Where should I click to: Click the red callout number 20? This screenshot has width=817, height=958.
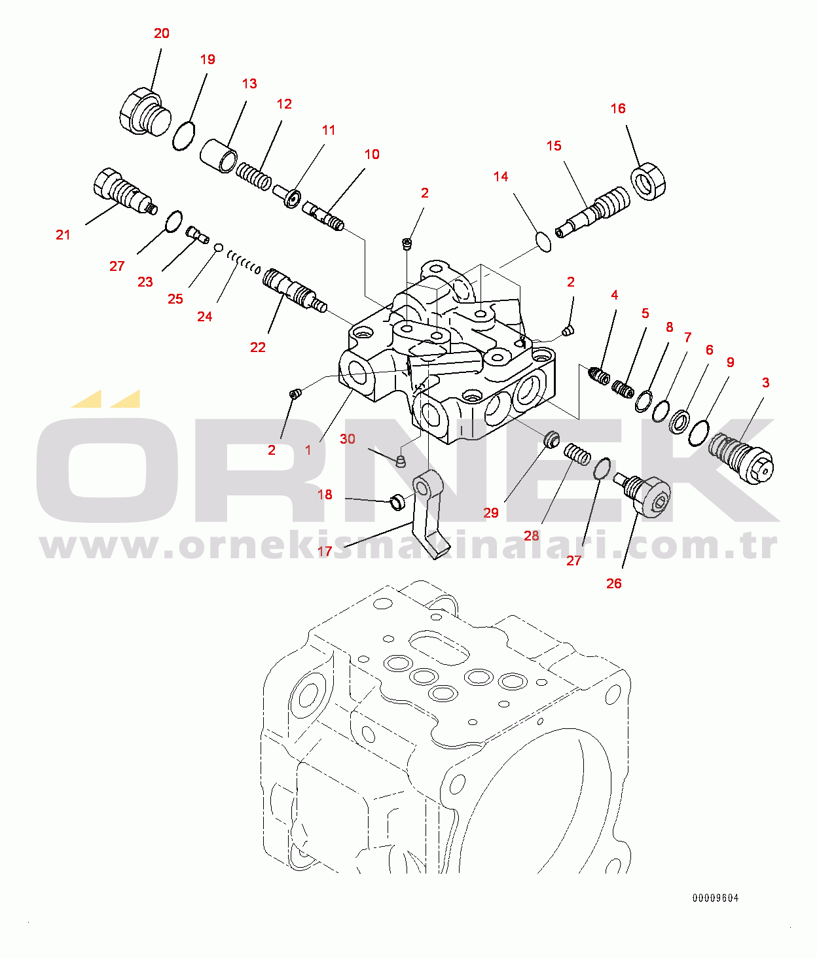pyautogui.click(x=161, y=33)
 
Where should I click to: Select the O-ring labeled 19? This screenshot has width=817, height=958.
pyautogui.click(x=183, y=136)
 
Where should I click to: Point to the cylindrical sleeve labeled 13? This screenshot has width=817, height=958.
pyautogui.click(x=219, y=155)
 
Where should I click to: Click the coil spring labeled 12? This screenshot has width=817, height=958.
pyautogui.click(x=253, y=175)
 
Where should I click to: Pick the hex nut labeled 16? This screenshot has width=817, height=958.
pyautogui.click(x=649, y=182)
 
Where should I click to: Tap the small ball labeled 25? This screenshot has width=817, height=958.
pyautogui.click(x=219, y=248)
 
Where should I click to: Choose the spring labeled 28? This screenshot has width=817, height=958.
pyautogui.click(x=577, y=454)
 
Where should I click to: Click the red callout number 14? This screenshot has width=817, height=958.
pyautogui.click(x=501, y=177)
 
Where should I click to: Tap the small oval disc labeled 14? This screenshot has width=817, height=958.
pyautogui.click(x=543, y=241)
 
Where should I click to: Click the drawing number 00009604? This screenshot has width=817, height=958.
pyautogui.click(x=715, y=898)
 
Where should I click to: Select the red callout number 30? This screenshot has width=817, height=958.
pyautogui.click(x=348, y=439)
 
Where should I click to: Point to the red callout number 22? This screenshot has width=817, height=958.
pyautogui.click(x=258, y=347)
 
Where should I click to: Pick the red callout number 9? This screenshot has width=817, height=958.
pyautogui.click(x=731, y=363)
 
